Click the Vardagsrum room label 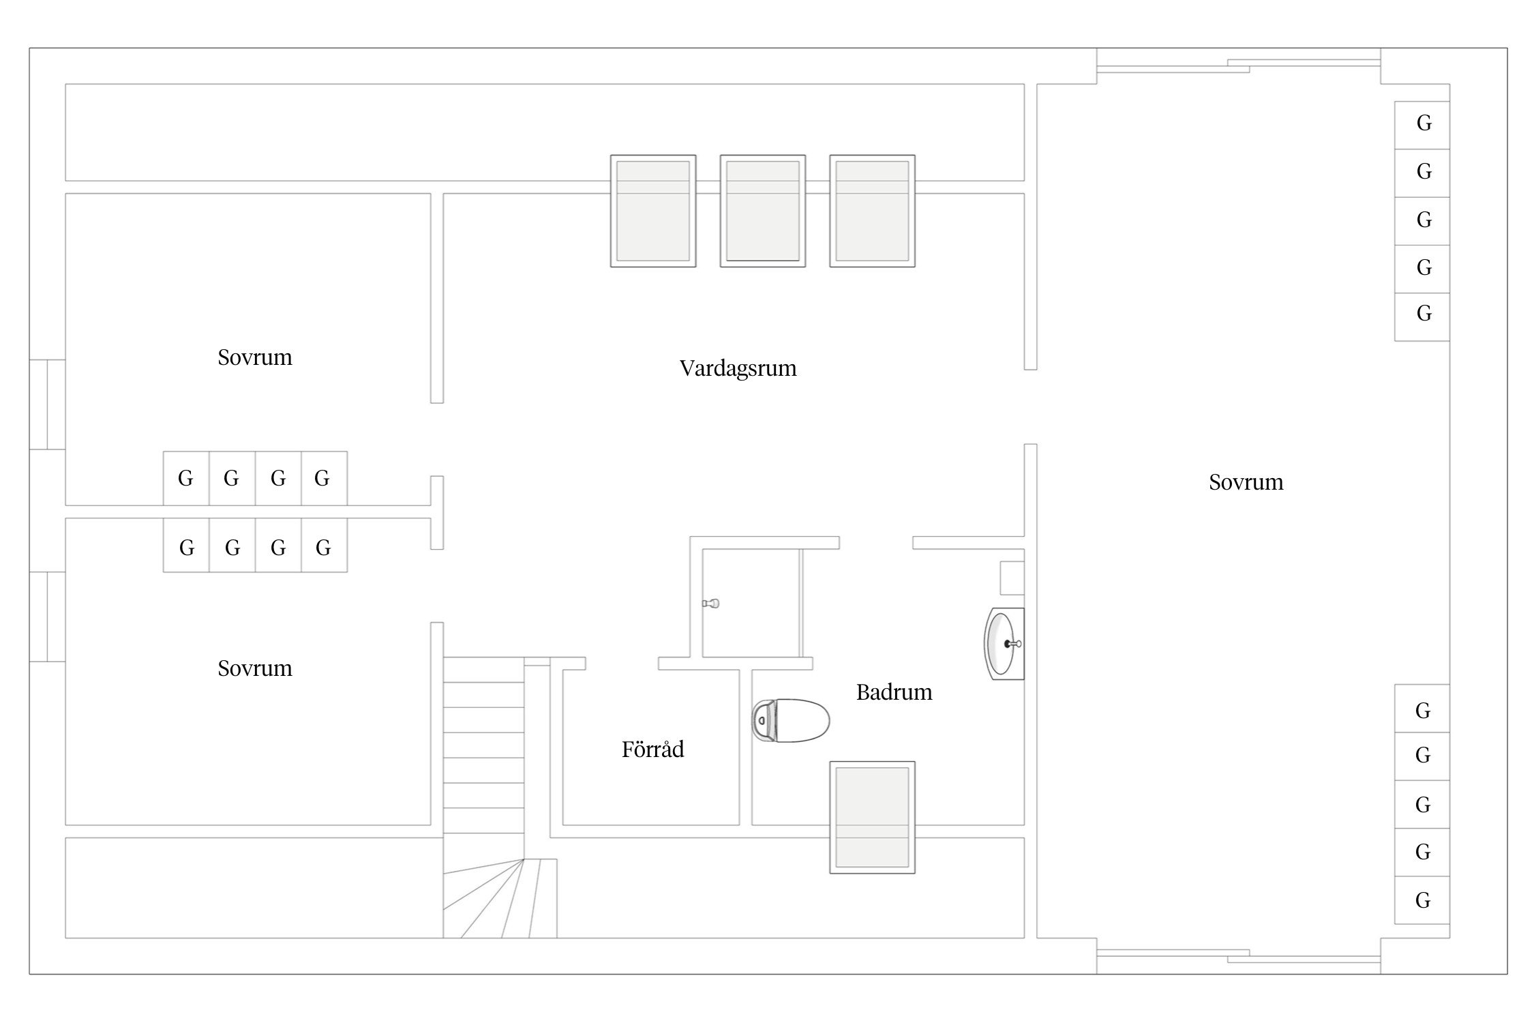tap(738, 368)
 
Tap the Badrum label tap(894, 692)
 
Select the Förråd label tap(652, 749)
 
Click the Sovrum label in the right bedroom tap(1246, 482)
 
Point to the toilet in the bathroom tap(790, 720)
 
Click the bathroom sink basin tap(1004, 644)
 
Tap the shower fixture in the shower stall tap(710, 603)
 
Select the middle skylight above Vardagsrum tap(763, 211)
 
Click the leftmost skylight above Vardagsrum tap(653, 211)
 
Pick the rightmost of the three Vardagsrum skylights tap(872, 211)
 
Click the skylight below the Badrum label tap(872, 817)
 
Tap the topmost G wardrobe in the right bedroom tap(1422, 125)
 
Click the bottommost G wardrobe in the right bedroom tap(1422, 900)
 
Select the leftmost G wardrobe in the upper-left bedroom tap(186, 478)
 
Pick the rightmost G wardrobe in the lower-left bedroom tap(324, 545)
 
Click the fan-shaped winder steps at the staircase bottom tap(500, 898)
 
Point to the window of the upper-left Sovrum tap(47, 404)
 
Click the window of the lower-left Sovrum tap(47, 617)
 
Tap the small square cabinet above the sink tap(1012, 578)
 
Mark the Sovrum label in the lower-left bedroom tap(255, 668)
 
